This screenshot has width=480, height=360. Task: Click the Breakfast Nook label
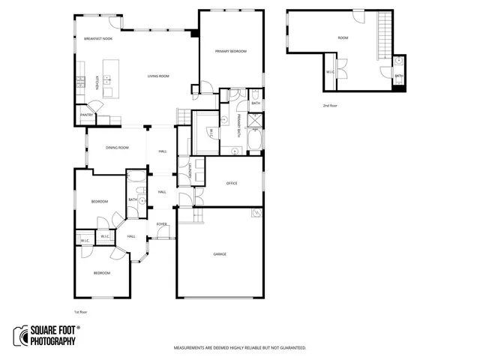[x=98, y=37]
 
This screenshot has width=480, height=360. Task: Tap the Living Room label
[x=158, y=76]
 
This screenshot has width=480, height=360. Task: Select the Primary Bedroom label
[x=230, y=51]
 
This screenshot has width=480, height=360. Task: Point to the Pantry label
[x=87, y=115]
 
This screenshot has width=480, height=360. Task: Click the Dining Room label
[x=117, y=148]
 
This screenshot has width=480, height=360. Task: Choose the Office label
[x=232, y=183]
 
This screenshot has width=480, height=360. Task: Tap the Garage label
[x=220, y=254]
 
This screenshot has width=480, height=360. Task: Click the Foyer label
[x=161, y=223]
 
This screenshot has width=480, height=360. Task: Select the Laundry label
[x=192, y=170]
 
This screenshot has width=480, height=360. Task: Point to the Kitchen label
[x=98, y=82]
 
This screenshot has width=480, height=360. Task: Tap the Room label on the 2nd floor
[x=343, y=37]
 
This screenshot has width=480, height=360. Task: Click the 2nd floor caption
[x=330, y=106]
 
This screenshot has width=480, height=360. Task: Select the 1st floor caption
[x=80, y=311]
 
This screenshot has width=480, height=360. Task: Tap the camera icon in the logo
[x=20, y=336]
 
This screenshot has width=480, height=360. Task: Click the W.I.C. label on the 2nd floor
[x=330, y=72]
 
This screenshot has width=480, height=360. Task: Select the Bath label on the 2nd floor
[x=399, y=76]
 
